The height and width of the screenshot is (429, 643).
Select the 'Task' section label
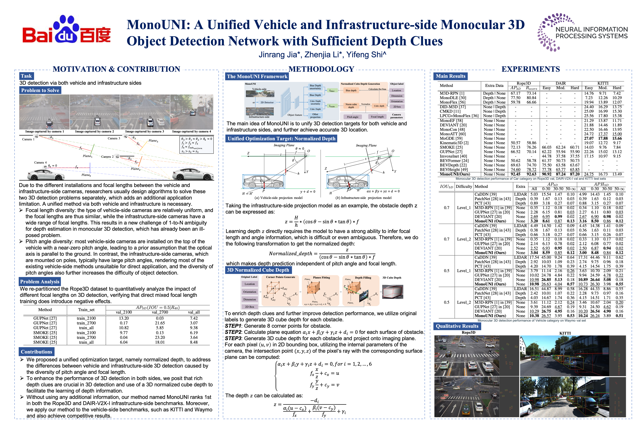click(26, 76)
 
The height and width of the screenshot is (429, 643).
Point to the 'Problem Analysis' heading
click(40, 282)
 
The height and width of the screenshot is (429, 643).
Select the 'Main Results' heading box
click(450, 76)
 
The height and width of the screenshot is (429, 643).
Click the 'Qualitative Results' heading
click(457, 326)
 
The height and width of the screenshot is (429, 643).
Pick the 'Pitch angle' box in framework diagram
click(352, 117)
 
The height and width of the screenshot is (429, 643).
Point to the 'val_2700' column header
click(160, 312)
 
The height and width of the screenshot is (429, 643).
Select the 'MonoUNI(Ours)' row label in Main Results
click(455, 174)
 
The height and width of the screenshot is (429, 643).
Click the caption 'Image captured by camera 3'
click(145, 132)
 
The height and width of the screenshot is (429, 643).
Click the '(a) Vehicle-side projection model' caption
click(278, 198)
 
